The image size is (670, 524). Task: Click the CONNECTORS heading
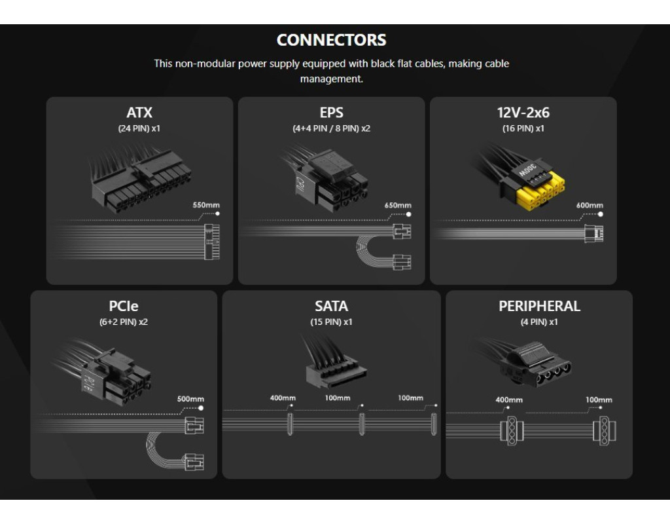coord(331,40)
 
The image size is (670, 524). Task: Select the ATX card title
coord(139,113)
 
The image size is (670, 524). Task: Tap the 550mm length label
coord(206,205)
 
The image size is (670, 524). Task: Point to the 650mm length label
coord(398,205)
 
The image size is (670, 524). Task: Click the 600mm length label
coord(590,205)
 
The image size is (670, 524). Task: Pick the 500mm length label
coord(190,399)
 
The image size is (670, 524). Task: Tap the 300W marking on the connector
coord(527,170)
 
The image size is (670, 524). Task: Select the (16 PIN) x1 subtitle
coord(523,128)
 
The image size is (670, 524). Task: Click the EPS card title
coord(332,113)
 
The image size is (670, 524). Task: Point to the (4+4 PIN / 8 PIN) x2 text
coord(332,128)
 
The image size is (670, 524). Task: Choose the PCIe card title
coord(124,307)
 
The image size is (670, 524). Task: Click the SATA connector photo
coord(333,362)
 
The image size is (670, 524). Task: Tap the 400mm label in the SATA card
coord(283,398)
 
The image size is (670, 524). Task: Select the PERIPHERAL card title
coord(539,307)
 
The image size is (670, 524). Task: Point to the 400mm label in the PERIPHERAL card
coord(509,400)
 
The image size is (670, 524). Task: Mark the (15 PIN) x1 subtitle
coord(332,322)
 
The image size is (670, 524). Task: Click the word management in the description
coord(332,79)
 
